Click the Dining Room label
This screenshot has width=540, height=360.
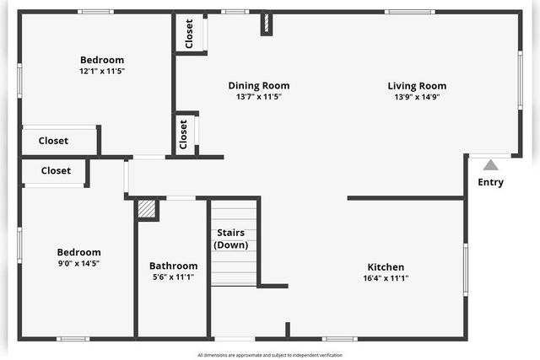coord(259,85)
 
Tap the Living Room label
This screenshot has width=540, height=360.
coord(417,85)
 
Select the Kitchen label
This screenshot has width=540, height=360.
coord(385,267)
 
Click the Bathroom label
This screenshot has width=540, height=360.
coord(173,266)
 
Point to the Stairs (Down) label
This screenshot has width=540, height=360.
coord(231,239)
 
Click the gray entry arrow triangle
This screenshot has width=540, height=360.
coord(490,165)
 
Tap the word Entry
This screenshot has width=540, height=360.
coord(490,182)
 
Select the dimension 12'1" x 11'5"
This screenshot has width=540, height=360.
coord(102,72)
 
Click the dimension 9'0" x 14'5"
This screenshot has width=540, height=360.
coord(78,264)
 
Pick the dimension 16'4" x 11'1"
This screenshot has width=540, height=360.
coord(386,278)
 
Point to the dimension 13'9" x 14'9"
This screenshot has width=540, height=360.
coord(417,97)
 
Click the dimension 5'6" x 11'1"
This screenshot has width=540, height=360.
coord(173,277)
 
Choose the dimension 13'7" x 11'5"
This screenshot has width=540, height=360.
coord(259,97)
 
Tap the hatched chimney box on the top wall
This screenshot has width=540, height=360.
coord(266,23)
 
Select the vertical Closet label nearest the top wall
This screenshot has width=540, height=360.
coord(189,33)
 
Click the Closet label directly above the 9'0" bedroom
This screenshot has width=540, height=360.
coord(56,170)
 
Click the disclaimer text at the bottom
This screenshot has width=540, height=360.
coord(270,355)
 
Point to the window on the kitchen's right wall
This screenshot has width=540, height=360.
coord(465,269)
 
